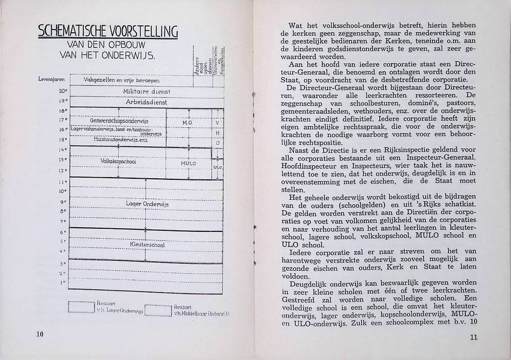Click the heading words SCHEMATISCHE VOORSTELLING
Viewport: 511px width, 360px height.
click(x=108, y=32)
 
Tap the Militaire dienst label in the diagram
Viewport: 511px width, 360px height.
click(x=147, y=91)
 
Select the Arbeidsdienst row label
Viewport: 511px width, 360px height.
click(x=147, y=102)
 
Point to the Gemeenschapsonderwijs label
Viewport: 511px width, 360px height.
click(x=119, y=121)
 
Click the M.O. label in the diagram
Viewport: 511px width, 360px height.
click(x=186, y=123)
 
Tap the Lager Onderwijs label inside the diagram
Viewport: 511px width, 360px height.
click(x=147, y=204)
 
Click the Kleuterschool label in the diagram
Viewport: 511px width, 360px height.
click(x=147, y=245)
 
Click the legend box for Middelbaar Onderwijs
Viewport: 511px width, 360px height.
click(x=157, y=310)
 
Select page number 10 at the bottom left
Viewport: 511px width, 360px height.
click(x=40, y=334)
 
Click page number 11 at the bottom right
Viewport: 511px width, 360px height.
click(x=473, y=338)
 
